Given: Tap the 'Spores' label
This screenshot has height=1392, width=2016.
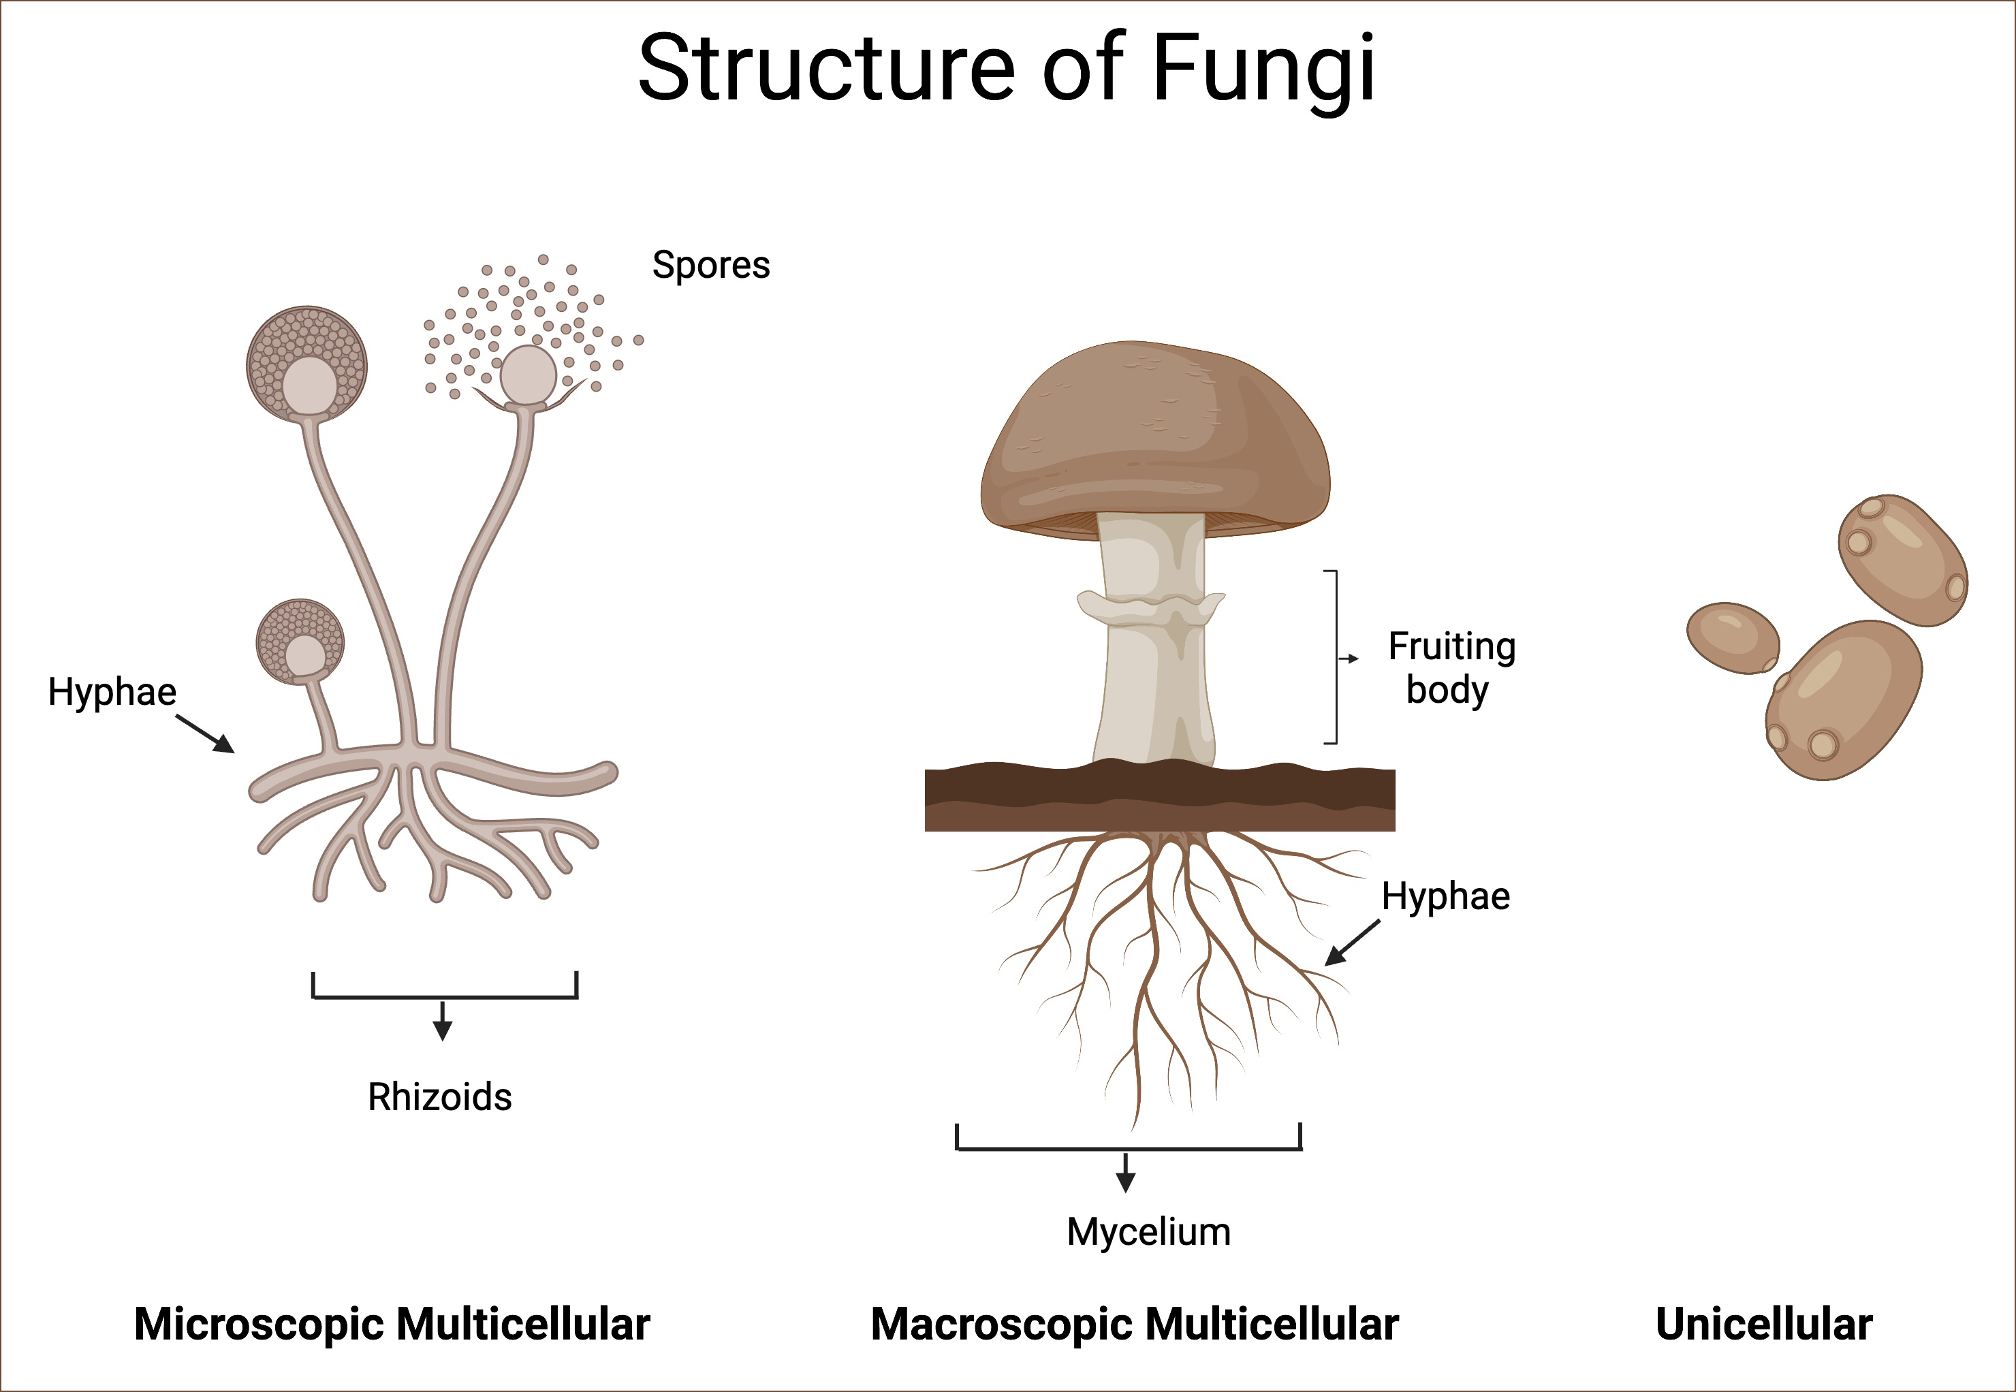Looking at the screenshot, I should click(711, 265).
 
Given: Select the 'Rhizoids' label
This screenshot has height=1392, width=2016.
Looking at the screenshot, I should click(440, 1097).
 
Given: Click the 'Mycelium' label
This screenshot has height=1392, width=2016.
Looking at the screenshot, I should click(1149, 1231).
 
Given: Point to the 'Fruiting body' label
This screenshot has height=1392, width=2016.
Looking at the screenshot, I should click(1451, 668).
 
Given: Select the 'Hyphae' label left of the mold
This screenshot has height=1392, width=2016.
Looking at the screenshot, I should click(112, 692).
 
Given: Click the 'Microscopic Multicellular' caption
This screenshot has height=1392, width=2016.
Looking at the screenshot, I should click(392, 1324).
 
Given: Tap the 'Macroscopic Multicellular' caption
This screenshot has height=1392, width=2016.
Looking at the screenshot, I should click(1135, 1324).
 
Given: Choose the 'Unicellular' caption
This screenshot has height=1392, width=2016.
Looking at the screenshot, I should click(1764, 1324).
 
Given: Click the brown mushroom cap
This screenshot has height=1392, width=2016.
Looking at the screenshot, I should click(1155, 436).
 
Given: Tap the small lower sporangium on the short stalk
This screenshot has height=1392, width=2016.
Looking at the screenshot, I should click(300, 641).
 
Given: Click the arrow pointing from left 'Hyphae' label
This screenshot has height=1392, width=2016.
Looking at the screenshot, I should click(206, 733).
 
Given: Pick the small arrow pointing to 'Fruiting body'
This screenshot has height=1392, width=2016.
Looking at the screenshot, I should click(1349, 659).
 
